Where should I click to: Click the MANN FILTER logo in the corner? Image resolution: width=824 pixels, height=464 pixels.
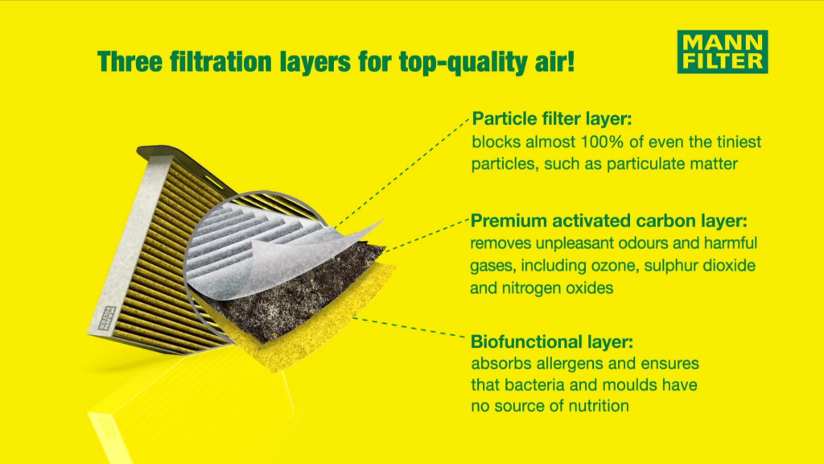tap(723, 52)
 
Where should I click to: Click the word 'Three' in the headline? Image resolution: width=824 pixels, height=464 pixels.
tap(130, 61)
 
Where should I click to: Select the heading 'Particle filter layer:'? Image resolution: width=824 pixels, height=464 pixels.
tap(552, 118)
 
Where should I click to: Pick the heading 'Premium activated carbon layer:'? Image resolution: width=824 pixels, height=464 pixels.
tap(608, 221)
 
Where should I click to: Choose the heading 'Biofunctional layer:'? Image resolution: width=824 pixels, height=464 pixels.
tap(552, 342)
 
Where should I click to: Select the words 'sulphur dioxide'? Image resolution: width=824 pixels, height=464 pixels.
tap(700, 266)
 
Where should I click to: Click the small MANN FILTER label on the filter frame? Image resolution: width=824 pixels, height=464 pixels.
tap(107, 318)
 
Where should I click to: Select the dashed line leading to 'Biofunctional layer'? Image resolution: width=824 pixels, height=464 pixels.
tap(409, 327)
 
